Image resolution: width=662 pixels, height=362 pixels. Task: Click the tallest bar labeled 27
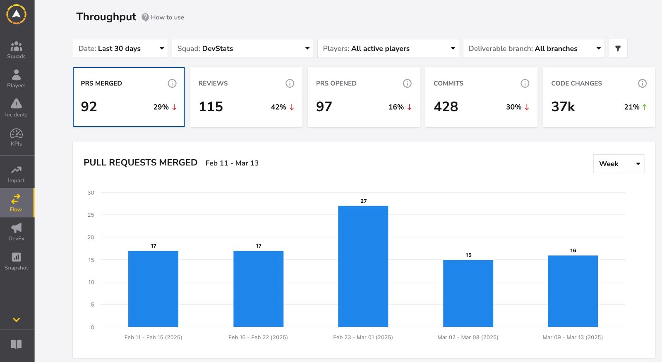(363, 266)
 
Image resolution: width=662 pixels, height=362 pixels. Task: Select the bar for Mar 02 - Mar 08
(468, 293)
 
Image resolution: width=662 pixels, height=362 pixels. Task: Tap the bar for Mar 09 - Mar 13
(573, 291)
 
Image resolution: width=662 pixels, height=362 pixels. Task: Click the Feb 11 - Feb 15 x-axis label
(153, 337)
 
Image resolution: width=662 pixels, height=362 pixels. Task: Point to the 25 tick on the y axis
(91, 215)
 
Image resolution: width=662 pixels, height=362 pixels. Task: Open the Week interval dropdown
(619, 164)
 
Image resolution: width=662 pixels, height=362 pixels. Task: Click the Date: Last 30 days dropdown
(120, 48)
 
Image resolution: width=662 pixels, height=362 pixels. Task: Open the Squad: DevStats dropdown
(242, 48)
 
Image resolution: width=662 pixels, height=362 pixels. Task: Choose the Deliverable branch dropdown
(534, 48)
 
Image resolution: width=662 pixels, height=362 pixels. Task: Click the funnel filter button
(618, 48)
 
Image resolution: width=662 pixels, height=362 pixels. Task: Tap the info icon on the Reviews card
(290, 83)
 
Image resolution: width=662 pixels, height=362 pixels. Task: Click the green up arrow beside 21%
(644, 107)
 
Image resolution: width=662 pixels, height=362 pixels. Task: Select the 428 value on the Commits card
(446, 107)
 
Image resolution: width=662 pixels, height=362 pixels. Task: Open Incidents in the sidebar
(16, 108)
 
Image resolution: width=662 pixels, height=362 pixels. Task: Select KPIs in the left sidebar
(16, 137)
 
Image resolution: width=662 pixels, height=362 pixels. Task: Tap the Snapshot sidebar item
(16, 261)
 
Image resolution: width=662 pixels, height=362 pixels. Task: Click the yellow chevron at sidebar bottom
(16, 320)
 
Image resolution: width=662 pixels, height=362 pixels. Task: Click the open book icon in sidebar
(16, 344)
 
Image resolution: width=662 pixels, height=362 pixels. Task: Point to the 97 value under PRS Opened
(324, 107)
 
